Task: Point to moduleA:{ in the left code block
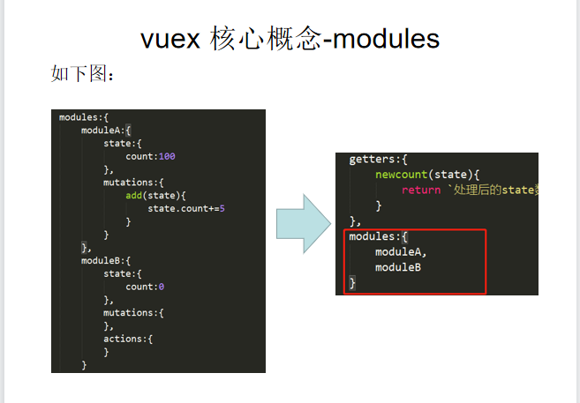click(106, 131)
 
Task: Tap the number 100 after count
click(167, 157)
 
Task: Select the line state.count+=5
click(187, 209)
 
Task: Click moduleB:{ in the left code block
click(106, 261)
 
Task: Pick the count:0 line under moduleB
click(145, 287)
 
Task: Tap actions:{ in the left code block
click(129, 340)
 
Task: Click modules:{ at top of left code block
click(83, 117)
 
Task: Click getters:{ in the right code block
click(379, 160)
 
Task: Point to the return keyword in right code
click(419, 190)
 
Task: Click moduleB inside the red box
click(397, 267)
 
